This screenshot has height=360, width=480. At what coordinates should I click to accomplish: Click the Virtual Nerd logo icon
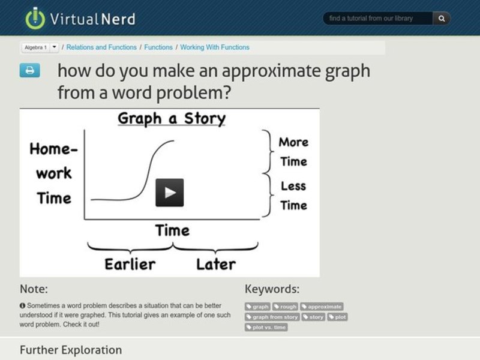[x=35, y=18]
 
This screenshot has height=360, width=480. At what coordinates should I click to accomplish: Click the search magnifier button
[x=442, y=19]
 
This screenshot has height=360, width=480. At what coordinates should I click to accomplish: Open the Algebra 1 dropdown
[x=40, y=47]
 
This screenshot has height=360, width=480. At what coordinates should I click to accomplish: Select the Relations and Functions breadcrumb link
[x=101, y=47]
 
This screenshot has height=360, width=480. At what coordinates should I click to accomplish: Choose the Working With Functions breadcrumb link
[x=215, y=47]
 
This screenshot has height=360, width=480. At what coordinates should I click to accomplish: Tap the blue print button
[x=29, y=71]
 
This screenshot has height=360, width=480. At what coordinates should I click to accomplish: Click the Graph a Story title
[x=172, y=118]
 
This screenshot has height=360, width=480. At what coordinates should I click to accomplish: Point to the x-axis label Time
[x=172, y=230]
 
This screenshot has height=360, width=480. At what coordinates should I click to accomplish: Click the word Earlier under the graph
[x=130, y=264]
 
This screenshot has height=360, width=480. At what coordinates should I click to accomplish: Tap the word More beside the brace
[x=293, y=142]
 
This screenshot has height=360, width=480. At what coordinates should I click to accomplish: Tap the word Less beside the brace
[x=293, y=186]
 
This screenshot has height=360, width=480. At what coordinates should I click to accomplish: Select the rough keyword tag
[x=286, y=307]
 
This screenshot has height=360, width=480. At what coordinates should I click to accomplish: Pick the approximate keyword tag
[x=322, y=307]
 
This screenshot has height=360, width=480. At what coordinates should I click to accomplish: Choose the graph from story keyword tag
[x=272, y=317]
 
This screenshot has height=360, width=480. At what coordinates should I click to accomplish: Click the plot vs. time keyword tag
[x=266, y=327]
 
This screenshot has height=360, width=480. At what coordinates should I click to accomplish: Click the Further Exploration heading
[x=71, y=350]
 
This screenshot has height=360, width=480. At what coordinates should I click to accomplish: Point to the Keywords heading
[x=272, y=289]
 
